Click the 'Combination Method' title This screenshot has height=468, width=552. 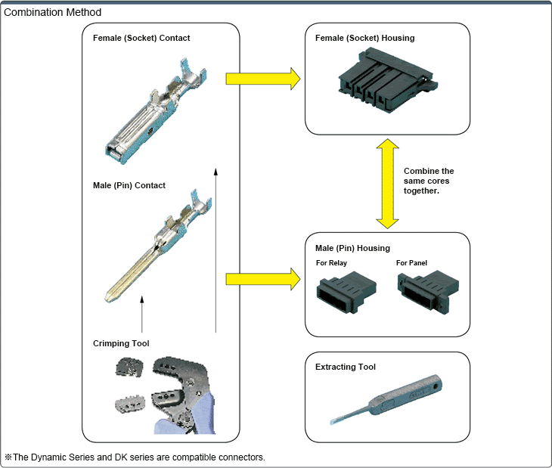click(x=53, y=13)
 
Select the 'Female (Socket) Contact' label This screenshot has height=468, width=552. click(x=141, y=38)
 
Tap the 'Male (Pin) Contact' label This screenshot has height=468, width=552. click(x=129, y=185)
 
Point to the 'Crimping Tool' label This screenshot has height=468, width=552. click(x=121, y=343)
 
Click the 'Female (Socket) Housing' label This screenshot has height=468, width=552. click(x=364, y=38)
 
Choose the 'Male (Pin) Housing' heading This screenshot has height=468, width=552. click(x=352, y=248)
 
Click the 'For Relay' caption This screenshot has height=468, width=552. click(x=333, y=263)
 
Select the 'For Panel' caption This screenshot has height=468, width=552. click(x=412, y=263)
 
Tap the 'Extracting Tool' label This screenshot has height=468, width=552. click(x=346, y=367)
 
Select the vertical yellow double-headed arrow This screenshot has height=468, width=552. click(x=388, y=183)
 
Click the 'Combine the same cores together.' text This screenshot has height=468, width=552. click(x=429, y=181)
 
